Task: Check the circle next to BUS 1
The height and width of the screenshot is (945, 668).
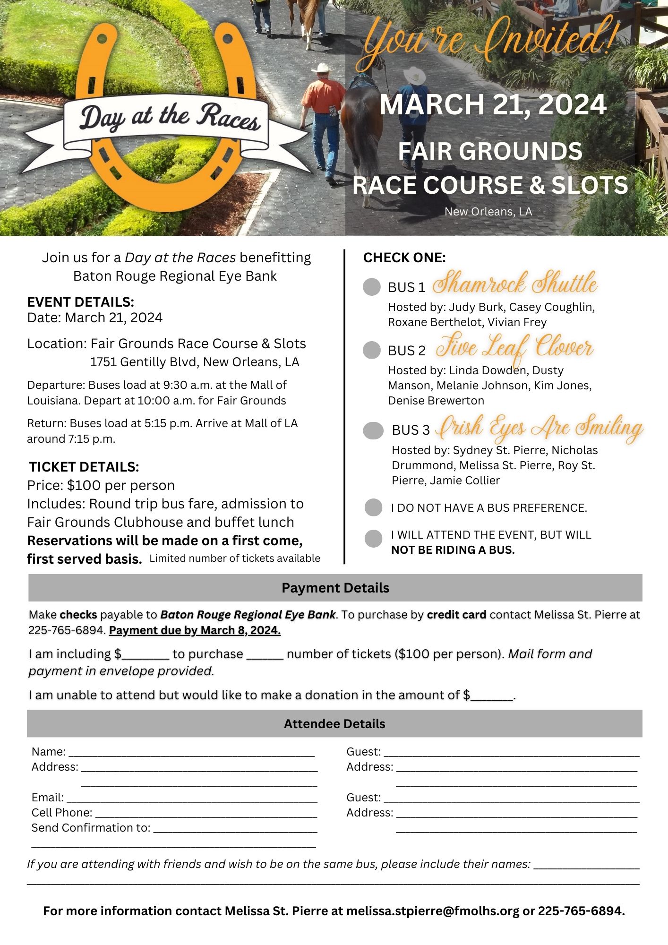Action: tap(372, 287)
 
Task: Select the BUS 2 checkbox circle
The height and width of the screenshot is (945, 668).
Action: tap(372, 350)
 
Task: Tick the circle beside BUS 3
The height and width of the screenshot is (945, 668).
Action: tap(373, 430)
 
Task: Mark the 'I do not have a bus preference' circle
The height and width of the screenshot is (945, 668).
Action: tap(373, 507)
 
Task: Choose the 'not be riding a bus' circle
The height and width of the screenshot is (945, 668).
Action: tap(373, 539)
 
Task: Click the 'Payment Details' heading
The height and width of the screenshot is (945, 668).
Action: tap(335, 588)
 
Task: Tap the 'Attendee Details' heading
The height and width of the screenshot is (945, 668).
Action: tap(334, 724)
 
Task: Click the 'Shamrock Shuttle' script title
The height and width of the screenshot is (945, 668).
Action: tap(515, 283)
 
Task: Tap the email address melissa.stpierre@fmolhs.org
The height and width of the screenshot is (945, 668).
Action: tap(433, 911)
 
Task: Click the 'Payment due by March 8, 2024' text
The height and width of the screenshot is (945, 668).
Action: tap(195, 630)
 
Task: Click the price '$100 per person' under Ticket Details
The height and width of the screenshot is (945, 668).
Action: tap(121, 485)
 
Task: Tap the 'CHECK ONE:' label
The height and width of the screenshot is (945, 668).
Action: tap(404, 258)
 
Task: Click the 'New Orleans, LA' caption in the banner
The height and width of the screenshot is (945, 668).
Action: tap(488, 211)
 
